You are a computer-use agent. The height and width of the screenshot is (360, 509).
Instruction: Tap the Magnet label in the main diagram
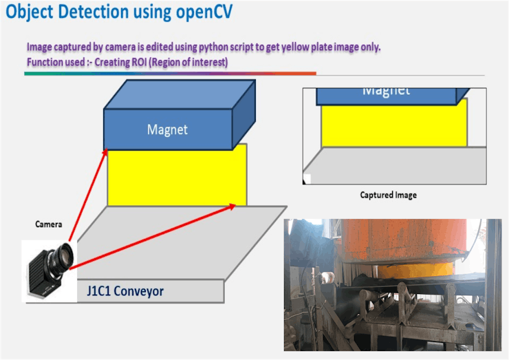(167, 129)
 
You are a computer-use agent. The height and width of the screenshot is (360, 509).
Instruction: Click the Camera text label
(49, 224)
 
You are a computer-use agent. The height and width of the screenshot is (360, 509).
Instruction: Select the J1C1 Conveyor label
(125, 291)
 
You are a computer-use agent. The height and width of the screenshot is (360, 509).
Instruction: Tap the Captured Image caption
(388, 195)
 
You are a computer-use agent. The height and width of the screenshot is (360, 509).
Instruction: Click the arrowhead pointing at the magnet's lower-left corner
(105, 149)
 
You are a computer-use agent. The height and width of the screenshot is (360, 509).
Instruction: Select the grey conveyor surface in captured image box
(392, 163)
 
